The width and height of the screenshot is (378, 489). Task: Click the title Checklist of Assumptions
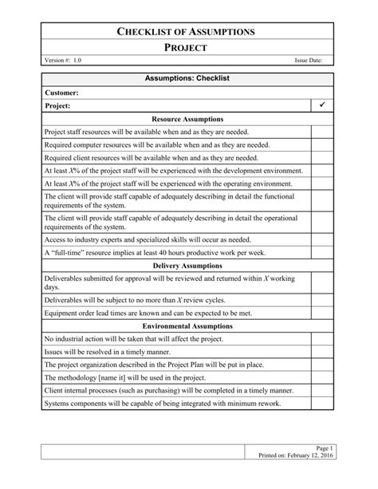click(x=187, y=32)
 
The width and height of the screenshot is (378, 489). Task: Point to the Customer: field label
click(x=61, y=93)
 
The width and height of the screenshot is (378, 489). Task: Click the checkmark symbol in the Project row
click(x=322, y=105)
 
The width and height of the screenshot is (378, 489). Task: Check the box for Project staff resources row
click(x=322, y=132)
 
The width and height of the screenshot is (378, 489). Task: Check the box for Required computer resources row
click(x=322, y=144)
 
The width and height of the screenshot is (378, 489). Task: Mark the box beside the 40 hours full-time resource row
click(x=322, y=251)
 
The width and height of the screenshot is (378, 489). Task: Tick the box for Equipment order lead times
click(x=322, y=314)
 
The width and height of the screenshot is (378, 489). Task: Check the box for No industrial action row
click(x=322, y=339)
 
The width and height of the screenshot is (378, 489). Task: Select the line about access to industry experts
click(x=147, y=239)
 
